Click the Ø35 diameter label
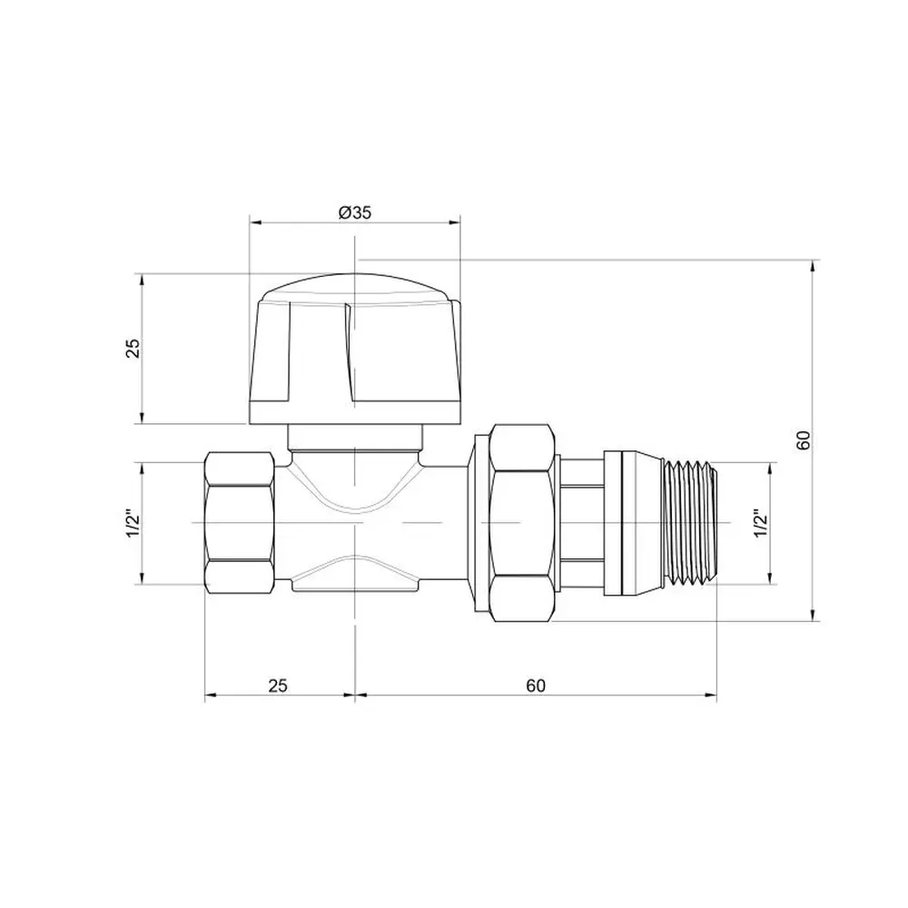point(354,212)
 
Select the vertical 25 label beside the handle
point(133,348)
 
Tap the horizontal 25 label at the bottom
point(278,686)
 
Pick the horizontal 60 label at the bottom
point(537,686)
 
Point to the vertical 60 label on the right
point(803,440)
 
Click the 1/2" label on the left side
point(133,523)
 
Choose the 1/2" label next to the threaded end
point(760,524)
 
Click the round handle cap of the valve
point(355,350)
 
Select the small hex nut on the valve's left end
point(239,523)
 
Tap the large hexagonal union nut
point(521,523)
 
